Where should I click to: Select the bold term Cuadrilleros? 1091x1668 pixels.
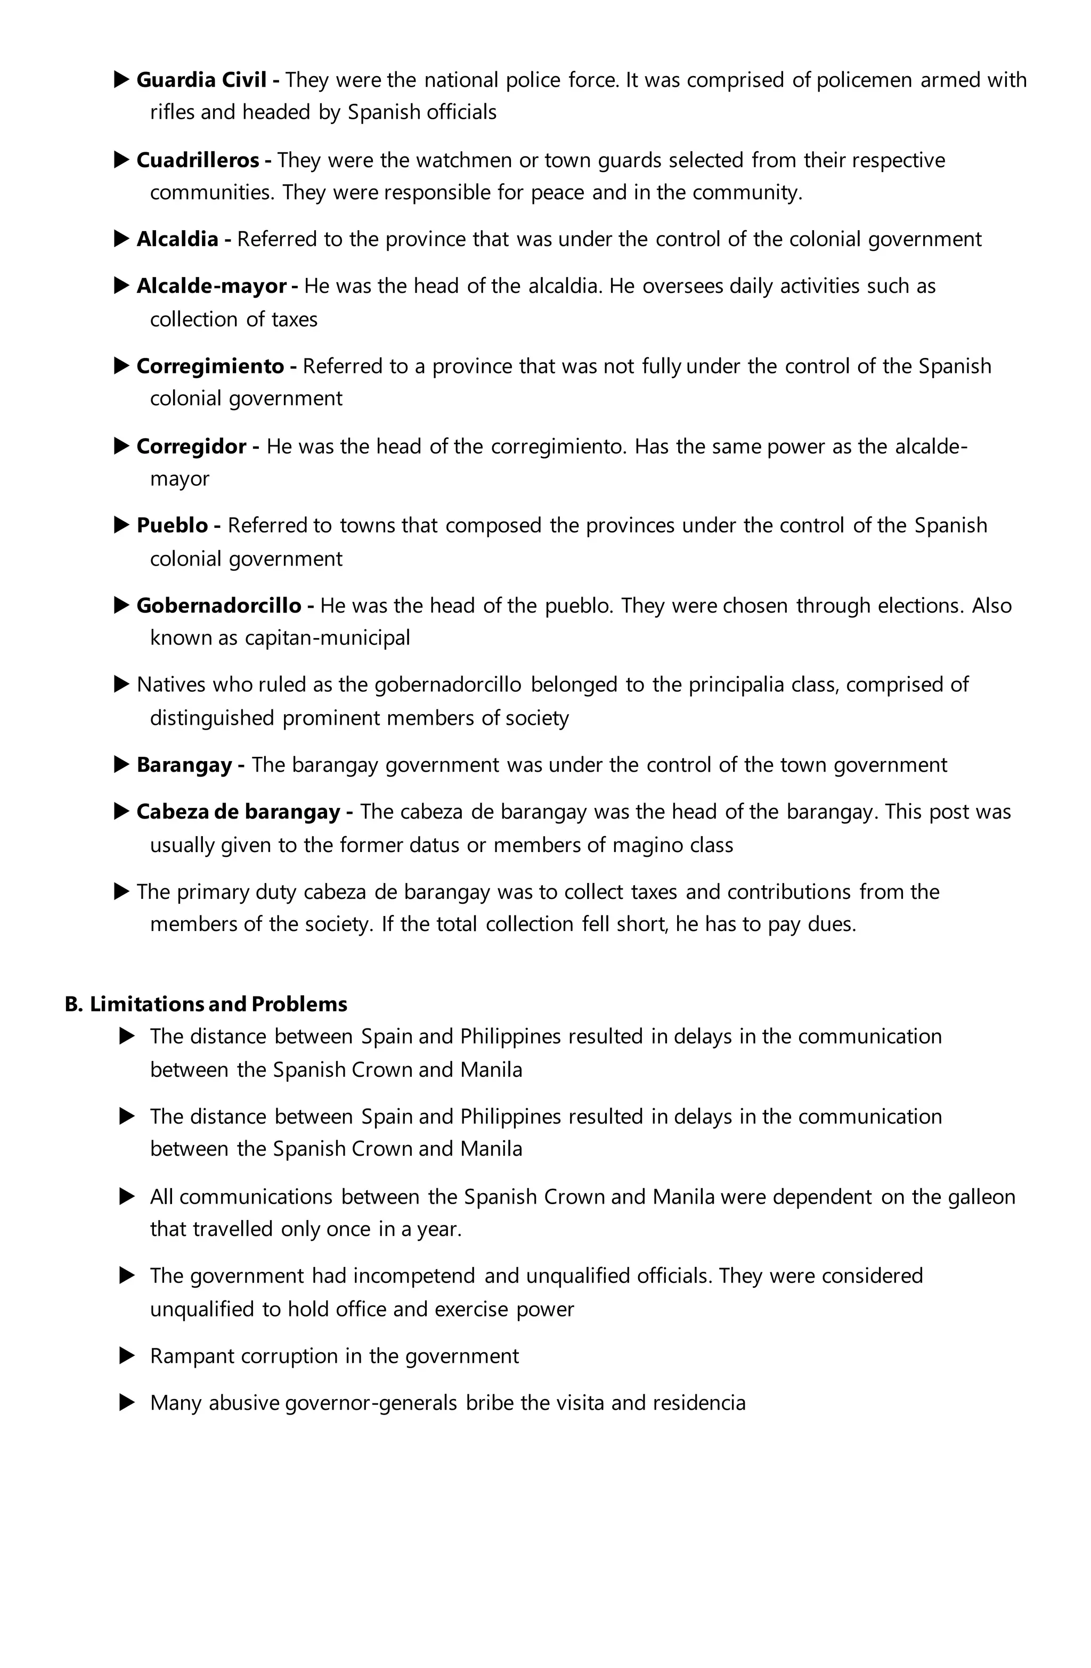(197, 160)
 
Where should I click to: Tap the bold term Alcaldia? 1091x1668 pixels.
(177, 240)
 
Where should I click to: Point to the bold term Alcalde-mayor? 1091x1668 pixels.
(211, 287)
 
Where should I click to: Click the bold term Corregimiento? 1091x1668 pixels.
(210, 366)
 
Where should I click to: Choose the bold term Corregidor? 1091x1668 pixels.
(191, 446)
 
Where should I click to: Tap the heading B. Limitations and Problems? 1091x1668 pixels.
(206, 1004)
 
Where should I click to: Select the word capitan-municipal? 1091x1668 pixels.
(327, 639)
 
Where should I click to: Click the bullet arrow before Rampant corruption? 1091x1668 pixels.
(127, 1356)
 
